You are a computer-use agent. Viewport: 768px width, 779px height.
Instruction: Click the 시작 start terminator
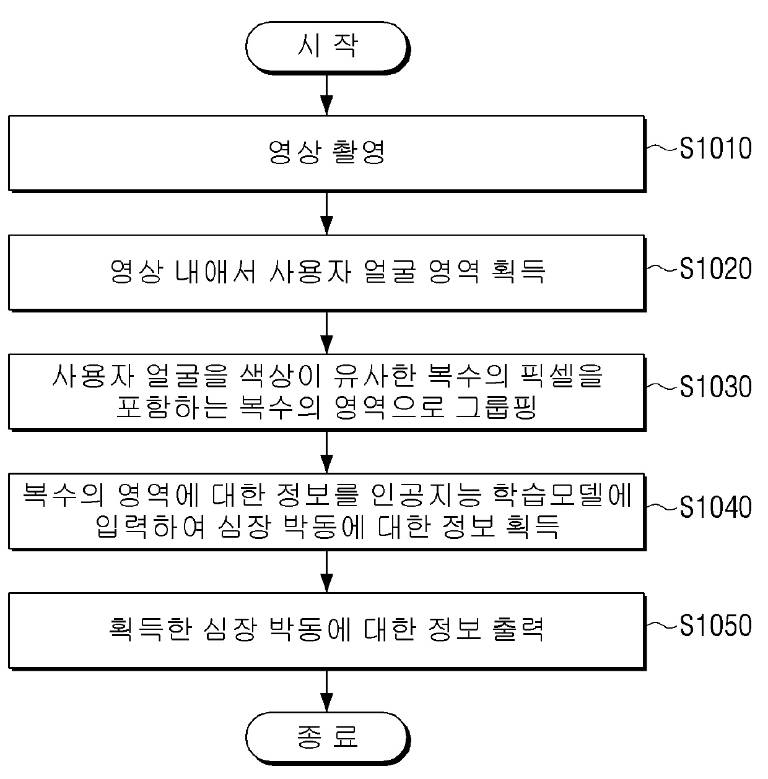327,46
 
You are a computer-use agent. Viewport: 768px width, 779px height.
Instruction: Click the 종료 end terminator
327,736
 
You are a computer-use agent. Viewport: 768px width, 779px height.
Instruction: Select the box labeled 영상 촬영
326,152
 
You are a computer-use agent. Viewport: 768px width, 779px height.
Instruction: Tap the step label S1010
715,148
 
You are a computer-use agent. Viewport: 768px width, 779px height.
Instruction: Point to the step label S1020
715,269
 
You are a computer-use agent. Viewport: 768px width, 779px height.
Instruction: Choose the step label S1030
715,387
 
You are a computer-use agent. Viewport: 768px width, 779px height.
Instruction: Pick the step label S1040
715,507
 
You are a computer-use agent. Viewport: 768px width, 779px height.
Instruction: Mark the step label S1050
715,626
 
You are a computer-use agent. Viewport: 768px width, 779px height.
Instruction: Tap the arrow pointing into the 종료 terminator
327,689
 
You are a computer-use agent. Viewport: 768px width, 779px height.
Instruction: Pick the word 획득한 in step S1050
147,629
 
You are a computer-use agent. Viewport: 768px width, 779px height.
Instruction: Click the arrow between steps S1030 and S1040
327,452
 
